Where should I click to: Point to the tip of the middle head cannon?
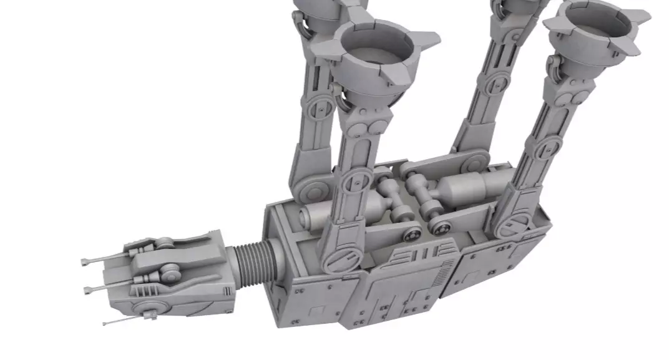pos(86,288)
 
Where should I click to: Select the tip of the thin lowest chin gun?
pos(105,323)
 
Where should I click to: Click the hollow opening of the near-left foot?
pos(374,50)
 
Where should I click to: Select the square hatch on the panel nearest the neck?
pos(318,311)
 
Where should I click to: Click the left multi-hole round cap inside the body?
pos(412,235)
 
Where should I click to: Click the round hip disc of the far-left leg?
pos(310,182)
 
